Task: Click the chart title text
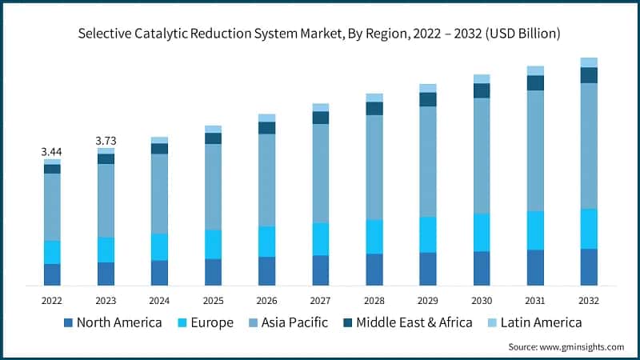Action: pos(319,34)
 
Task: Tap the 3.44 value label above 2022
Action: pos(52,151)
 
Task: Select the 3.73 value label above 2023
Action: pos(106,141)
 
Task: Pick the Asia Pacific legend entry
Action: pos(289,322)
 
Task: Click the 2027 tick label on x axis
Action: pos(320,300)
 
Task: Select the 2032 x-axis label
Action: pos(589,300)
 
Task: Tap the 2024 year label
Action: pos(159,300)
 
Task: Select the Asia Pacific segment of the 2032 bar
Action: pos(589,146)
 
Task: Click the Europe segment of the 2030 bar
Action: pos(482,232)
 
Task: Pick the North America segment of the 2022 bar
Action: pos(52,274)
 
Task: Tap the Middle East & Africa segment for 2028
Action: pos(374,109)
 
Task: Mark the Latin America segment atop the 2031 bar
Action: pos(535,70)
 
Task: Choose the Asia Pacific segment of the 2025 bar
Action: pos(213,186)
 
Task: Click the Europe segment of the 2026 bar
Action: pos(266,241)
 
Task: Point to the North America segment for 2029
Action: pos(428,269)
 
